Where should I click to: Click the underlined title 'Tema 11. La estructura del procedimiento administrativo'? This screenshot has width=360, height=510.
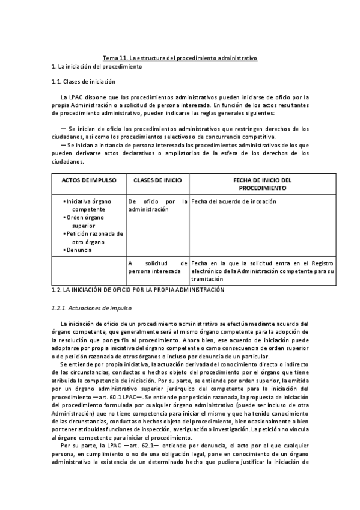pyautogui.click(x=180, y=58)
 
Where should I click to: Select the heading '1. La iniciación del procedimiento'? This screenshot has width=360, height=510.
pyautogui.click(x=97, y=67)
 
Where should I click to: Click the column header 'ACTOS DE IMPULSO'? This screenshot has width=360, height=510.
pyautogui.click(x=88, y=180)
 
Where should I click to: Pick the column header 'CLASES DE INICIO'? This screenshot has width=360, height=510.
pyautogui.click(x=157, y=180)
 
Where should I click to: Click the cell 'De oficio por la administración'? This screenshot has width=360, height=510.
pyautogui.click(x=157, y=205)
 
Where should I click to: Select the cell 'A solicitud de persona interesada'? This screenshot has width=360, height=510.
pyautogui.click(x=157, y=267)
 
